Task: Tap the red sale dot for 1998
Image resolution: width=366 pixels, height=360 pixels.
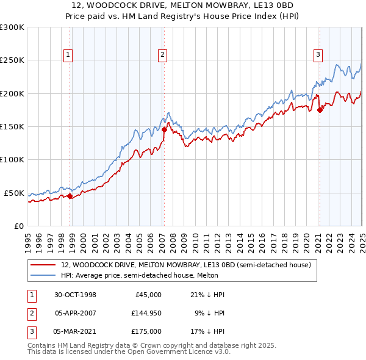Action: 70,196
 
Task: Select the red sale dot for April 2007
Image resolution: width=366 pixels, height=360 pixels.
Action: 164,129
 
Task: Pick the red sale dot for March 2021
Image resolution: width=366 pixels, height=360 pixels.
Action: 320,110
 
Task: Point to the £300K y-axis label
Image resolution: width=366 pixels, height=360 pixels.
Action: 12,27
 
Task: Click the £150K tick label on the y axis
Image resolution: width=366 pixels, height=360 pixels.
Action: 12,126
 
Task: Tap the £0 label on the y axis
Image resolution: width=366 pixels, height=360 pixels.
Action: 18,226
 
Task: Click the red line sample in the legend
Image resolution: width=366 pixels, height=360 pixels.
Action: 44,265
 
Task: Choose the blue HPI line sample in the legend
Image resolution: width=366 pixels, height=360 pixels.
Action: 44,275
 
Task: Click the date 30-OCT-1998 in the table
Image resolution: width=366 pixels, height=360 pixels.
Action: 75,295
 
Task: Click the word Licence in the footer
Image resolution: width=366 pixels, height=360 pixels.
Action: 198,352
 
